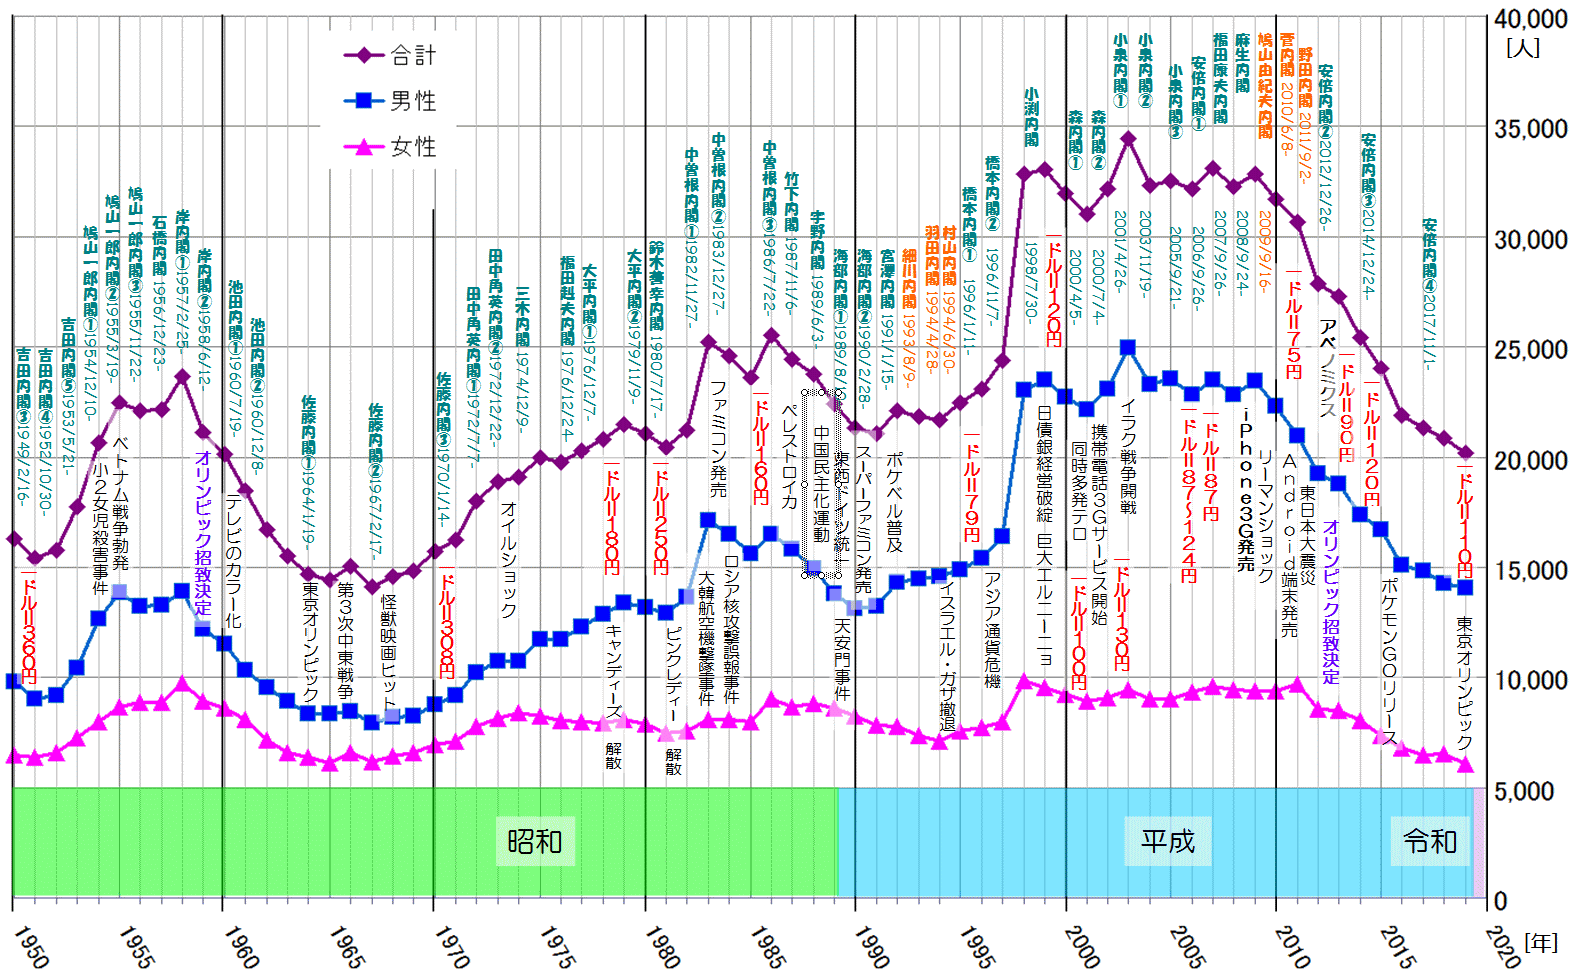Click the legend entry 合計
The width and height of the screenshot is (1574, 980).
coord(412,55)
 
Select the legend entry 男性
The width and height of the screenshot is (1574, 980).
coord(412,101)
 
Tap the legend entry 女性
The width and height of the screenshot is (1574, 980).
coord(412,147)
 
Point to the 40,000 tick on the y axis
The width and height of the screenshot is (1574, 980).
coord(1530,19)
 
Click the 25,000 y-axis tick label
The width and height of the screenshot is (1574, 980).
coord(1530,350)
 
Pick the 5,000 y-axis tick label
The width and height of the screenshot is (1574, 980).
coord(1530,791)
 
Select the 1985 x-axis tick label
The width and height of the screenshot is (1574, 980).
coord(768,945)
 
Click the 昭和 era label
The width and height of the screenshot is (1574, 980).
coord(534,841)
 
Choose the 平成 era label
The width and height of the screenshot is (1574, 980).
coord(1168,841)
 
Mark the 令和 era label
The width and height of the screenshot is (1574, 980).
coord(1430,841)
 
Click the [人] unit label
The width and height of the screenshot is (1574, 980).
coord(1523,47)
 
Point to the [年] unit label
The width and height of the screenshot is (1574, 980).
coord(1541,942)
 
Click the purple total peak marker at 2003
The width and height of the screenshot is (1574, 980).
coord(1128,139)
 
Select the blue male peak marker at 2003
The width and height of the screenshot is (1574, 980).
coord(1128,348)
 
